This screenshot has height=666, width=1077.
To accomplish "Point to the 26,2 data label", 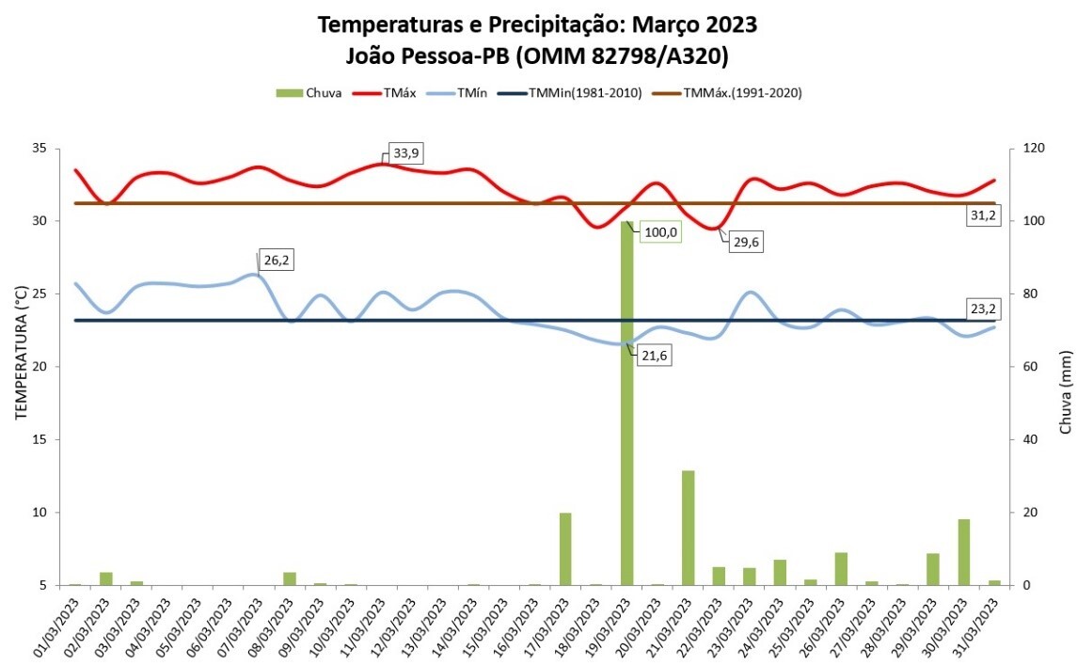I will click(277, 260).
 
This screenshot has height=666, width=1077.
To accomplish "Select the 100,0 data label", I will click(659, 231).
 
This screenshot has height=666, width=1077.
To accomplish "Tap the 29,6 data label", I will click(747, 242).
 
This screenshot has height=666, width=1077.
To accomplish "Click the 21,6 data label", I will click(657, 357).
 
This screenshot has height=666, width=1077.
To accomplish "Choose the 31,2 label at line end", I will click(984, 215).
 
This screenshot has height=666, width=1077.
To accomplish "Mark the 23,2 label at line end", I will click(984, 308).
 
